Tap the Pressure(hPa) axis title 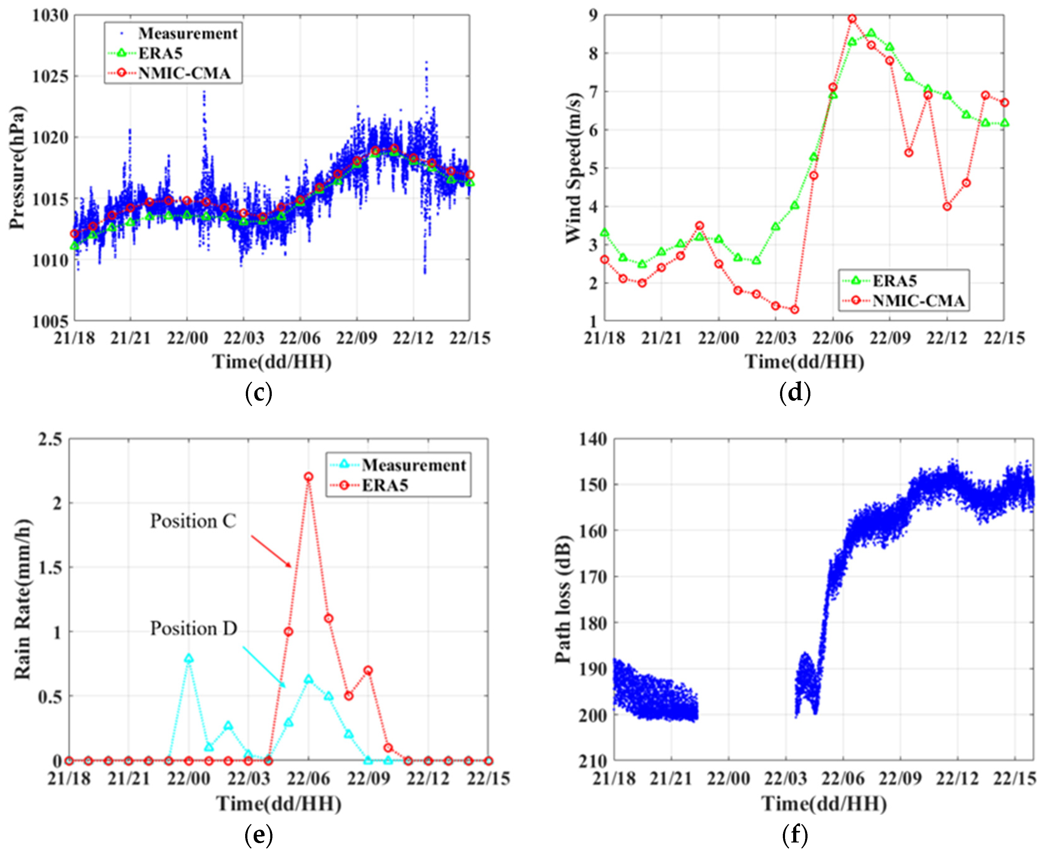17,167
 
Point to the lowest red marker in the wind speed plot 794,310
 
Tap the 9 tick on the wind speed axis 591,16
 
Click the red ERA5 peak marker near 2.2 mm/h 308,477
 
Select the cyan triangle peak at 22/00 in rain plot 189,659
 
